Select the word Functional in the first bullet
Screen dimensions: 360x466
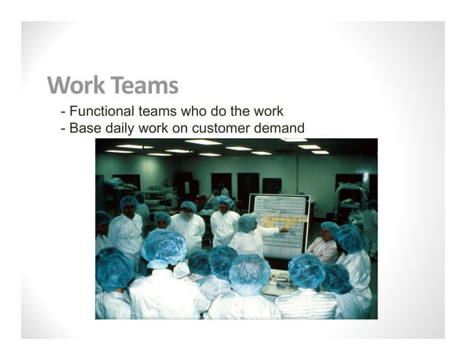coord(102,112)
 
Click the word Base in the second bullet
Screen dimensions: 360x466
coord(85,129)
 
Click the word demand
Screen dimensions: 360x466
coord(280,129)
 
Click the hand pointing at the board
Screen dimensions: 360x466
coord(283,230)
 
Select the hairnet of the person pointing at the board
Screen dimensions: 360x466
coord(248,222)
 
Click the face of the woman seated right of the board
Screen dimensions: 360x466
coord(327,237)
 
